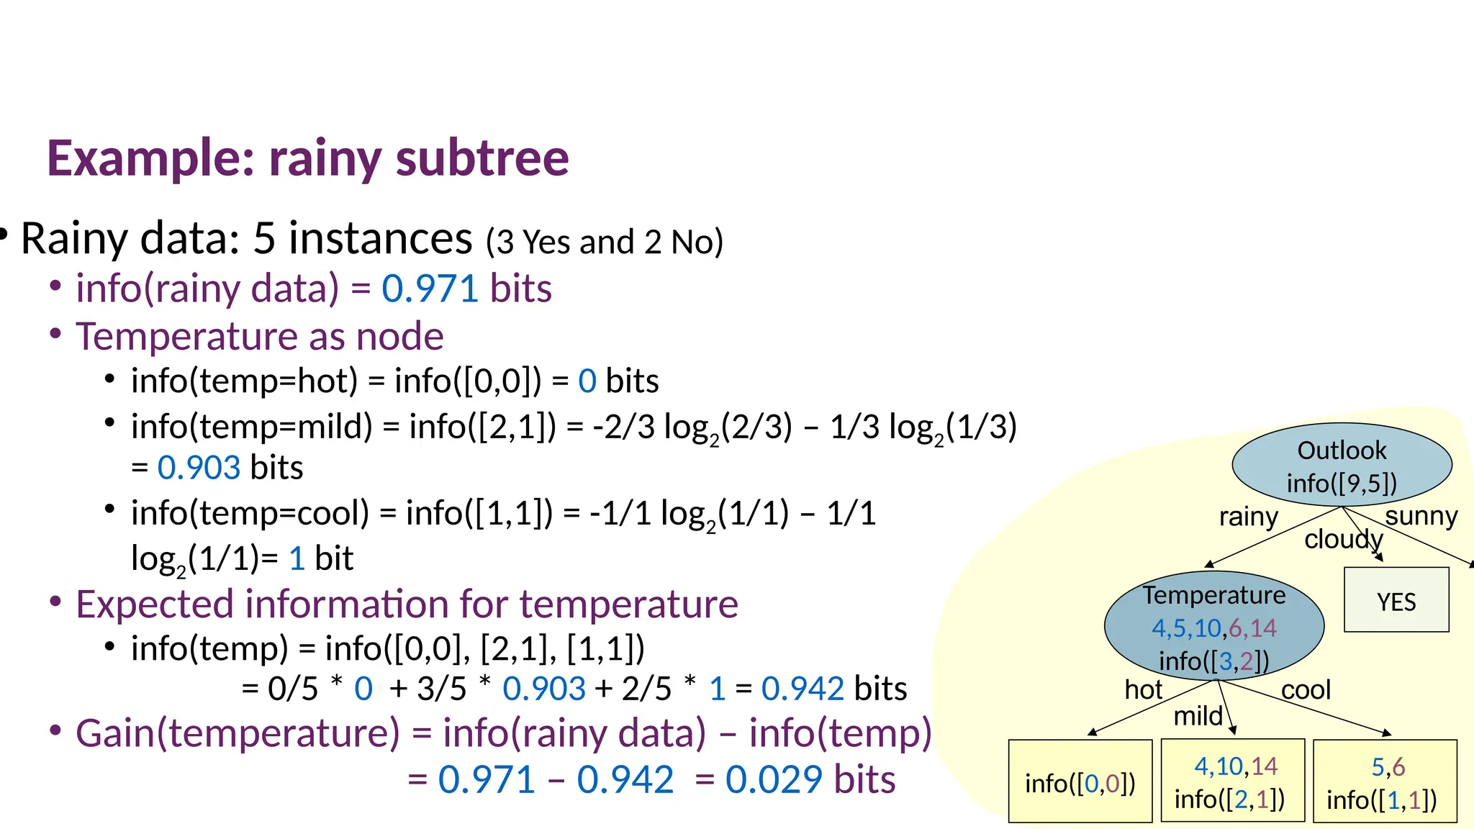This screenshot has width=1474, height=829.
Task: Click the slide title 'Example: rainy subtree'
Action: (x=308, y=158)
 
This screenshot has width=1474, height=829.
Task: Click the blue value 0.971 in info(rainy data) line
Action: (x=430, y=289)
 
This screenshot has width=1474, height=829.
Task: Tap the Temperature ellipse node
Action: (x=1214, y=626)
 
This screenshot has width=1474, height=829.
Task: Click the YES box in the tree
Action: (x=1396, y=600)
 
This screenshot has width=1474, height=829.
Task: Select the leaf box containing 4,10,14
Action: (x=1233, y=781)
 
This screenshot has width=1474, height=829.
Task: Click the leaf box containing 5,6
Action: (x=1385, y=781)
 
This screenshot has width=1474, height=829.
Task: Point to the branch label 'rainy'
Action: (x=1248, y=517)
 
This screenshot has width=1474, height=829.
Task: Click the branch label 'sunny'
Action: (x=1421, y=516)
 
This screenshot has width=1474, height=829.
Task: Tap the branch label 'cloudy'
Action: (x=1343, y=539)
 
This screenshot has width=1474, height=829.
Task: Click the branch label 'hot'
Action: (x=1143, y=690)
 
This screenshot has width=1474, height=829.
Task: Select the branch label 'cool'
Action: (x=1306, y=690)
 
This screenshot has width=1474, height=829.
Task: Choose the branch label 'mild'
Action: (x=1198, y=716)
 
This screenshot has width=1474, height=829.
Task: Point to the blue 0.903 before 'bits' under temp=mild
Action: (x=199, y=468)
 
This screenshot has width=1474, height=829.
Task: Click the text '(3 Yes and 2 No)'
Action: (x=605, y=243)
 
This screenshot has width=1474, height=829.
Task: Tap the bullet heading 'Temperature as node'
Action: (x=259, y=337)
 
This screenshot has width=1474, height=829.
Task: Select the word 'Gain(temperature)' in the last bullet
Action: (x=238, y=734)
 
